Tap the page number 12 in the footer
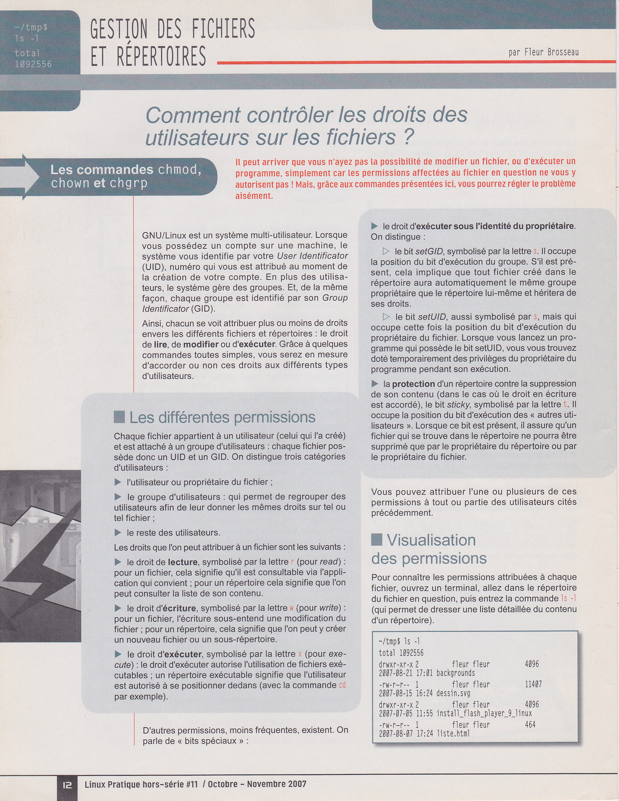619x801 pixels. (x=68, y=785)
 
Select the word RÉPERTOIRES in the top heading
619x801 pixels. (x=161, y=56)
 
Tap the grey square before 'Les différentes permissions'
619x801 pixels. (x=119, y=417)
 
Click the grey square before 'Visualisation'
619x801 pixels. (x=377, y=539)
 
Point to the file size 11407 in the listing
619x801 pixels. (x=533, y=684)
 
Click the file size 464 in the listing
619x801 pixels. (x=530, y=724)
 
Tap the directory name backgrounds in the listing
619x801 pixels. (x=456, y=673)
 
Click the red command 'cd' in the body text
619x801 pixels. (x=342, y=685)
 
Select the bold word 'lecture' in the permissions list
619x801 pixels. (x=183, y=562)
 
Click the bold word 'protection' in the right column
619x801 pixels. (x=413, y=384)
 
